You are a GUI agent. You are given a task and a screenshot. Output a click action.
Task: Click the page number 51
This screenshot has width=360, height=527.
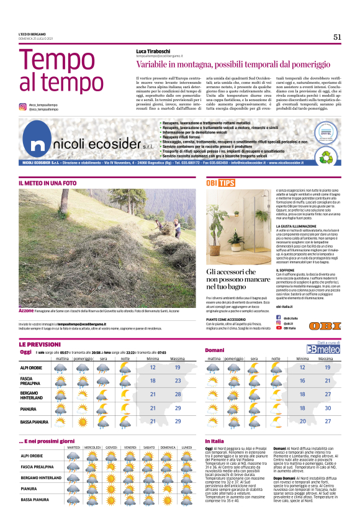tap(337, 37)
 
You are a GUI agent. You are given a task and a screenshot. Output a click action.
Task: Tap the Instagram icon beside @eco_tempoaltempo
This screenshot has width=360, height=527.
tap(23, 106)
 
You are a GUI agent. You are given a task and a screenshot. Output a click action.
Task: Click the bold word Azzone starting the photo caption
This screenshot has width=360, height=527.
tap(26, 310)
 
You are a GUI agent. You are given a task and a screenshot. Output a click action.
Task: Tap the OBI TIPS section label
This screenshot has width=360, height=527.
tap(220, 183)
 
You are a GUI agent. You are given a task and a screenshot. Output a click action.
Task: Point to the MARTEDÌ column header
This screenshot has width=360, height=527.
tap(73, 447)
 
